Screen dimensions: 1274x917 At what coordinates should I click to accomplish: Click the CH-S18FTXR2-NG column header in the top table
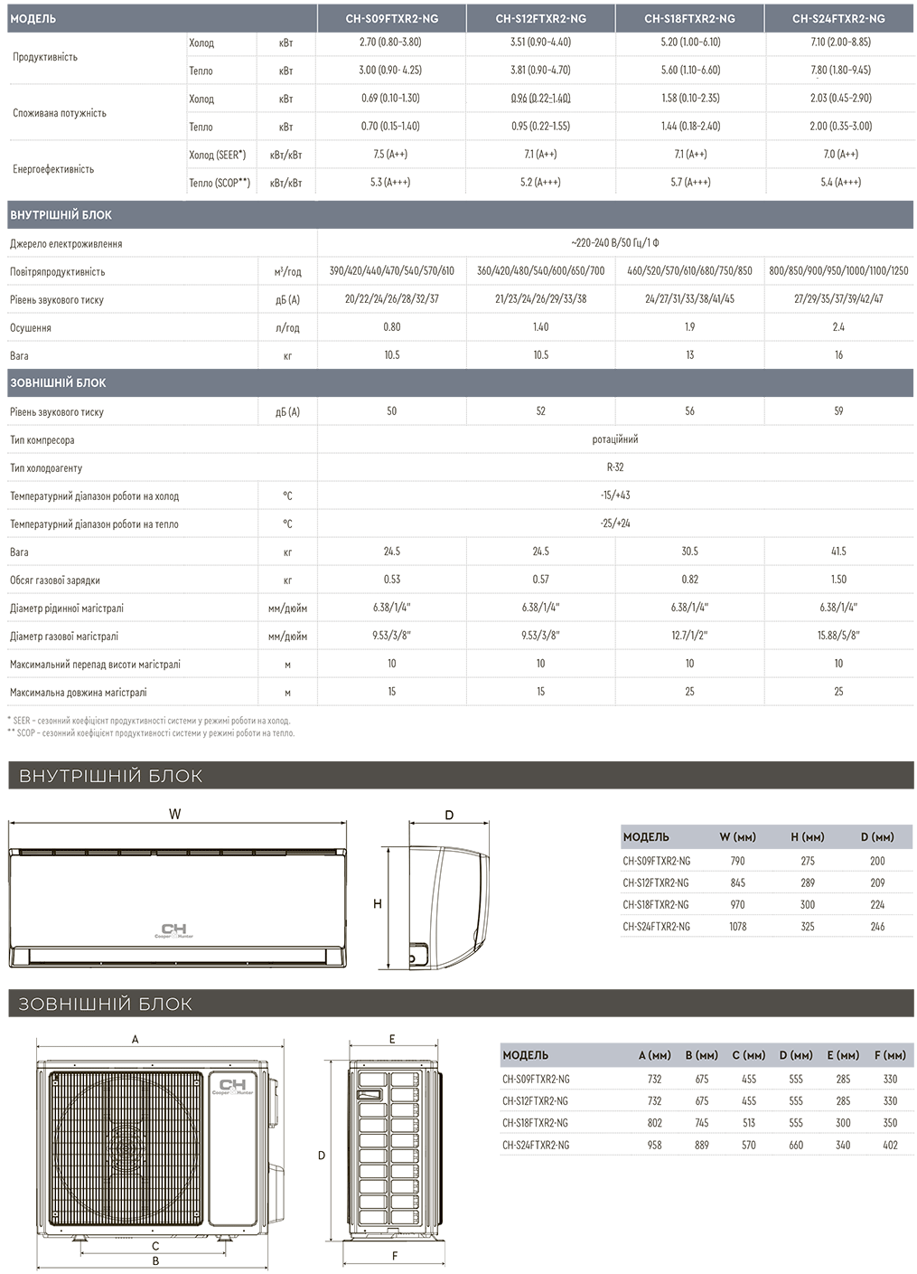click(x=689, y=18)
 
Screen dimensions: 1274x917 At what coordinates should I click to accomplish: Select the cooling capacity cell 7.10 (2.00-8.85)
click(x=839, y=42)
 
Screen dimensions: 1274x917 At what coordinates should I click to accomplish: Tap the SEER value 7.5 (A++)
click(x=391, y=155)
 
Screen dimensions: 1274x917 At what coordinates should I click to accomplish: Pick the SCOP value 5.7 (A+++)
click(x=689, y=183)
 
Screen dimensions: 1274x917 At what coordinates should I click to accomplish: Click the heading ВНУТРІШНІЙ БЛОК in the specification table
click(x=61, y=215)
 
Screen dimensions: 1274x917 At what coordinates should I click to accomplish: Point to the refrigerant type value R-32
click(x=614, y=467)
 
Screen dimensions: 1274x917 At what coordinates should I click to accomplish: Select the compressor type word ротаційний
click(x=614, y=439)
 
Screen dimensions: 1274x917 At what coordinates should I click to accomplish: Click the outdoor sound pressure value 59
click(x=838, y=411)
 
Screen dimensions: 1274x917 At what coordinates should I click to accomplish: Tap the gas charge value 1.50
click(x=838, y=580)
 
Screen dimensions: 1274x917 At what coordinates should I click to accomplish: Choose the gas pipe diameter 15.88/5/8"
click(x=838, y=636)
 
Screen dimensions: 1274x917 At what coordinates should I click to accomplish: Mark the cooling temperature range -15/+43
click(x=614, y=495)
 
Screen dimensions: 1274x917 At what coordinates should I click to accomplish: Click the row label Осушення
click(x=31, y=328)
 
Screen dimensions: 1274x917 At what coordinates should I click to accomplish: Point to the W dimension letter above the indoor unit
click(x=174, y=814)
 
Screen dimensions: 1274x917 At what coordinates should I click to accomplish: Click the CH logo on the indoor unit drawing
click(x=172, y=930)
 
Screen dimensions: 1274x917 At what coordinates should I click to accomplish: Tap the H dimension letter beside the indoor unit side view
click(x=378, y=904)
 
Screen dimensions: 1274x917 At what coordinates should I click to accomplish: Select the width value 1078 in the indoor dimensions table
click(x=738, y=927)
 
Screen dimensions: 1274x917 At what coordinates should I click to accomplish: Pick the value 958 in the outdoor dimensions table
click(x=654, y=1145)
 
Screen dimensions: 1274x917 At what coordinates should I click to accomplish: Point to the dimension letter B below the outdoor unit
click(x=155, y=1260)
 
